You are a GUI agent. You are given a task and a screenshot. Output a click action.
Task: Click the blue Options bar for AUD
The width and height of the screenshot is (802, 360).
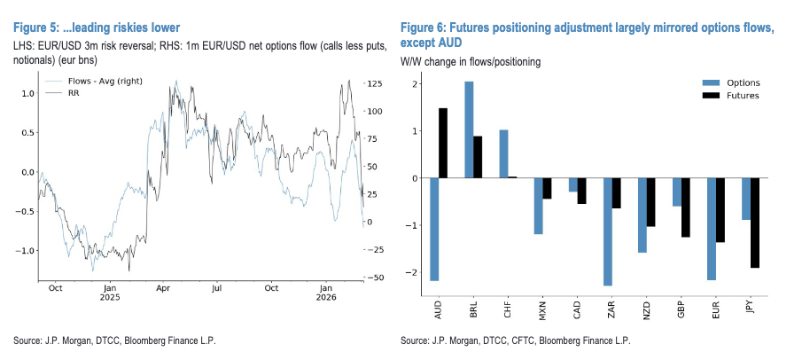[x=434, y=229]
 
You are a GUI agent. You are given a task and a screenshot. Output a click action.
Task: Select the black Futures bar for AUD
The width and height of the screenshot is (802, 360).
[x=443, y=143]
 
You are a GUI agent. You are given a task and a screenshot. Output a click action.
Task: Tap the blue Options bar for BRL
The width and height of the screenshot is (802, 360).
[x=469, y=129]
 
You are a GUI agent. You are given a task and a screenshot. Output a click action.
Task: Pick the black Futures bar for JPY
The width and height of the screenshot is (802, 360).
[x=755, y=223]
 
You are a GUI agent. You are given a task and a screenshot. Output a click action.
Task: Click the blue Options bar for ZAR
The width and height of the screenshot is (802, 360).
[x=607, y=231]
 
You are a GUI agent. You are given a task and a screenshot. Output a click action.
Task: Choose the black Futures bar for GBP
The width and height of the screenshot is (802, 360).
[x=686, y=207]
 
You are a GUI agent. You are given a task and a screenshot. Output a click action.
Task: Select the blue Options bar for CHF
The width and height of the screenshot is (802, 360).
[x=503, y=153]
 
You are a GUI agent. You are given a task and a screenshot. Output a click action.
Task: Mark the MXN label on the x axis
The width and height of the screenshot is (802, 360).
[x=538, y=313]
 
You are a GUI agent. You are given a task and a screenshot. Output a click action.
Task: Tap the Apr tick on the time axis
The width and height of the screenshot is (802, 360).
[x=163, y=288]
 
